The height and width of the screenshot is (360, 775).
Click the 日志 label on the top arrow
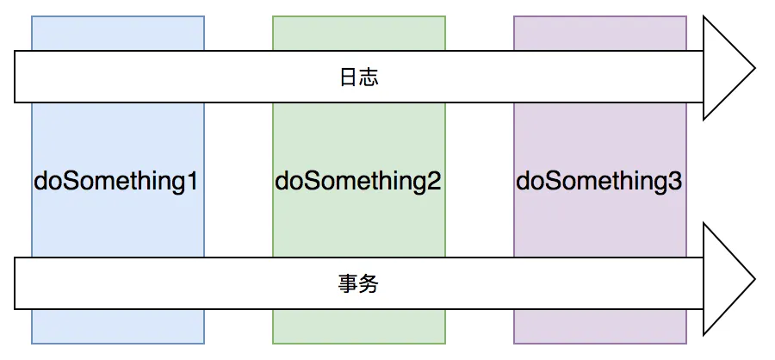pos(359,78)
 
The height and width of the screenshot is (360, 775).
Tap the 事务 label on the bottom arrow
pos(359,284)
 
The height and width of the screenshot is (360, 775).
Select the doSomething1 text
pos(116,182)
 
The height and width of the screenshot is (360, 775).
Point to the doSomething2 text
pos(358,182)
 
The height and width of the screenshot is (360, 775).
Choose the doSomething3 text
pos(599,182)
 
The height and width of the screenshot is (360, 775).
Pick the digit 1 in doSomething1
pos(192,182)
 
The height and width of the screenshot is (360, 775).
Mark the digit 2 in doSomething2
pos(434,182)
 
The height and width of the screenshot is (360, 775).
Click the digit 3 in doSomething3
pos(675,182)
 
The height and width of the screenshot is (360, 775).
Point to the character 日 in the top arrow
pos(349,78)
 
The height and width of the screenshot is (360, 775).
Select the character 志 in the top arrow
pos(369,78)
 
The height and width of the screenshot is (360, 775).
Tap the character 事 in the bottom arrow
pos(349,284)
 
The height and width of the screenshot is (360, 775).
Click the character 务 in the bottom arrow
pos(369,284)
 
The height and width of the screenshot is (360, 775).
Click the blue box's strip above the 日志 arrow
pos(118,33)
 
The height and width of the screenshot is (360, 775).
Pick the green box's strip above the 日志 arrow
pos(359,33)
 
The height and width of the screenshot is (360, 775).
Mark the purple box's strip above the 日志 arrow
pos(600,33)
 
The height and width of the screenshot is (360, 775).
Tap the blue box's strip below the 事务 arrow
pos(118,326)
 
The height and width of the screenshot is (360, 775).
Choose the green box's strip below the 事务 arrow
pos(359,326)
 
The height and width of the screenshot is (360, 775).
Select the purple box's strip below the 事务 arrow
pos(600,326)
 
